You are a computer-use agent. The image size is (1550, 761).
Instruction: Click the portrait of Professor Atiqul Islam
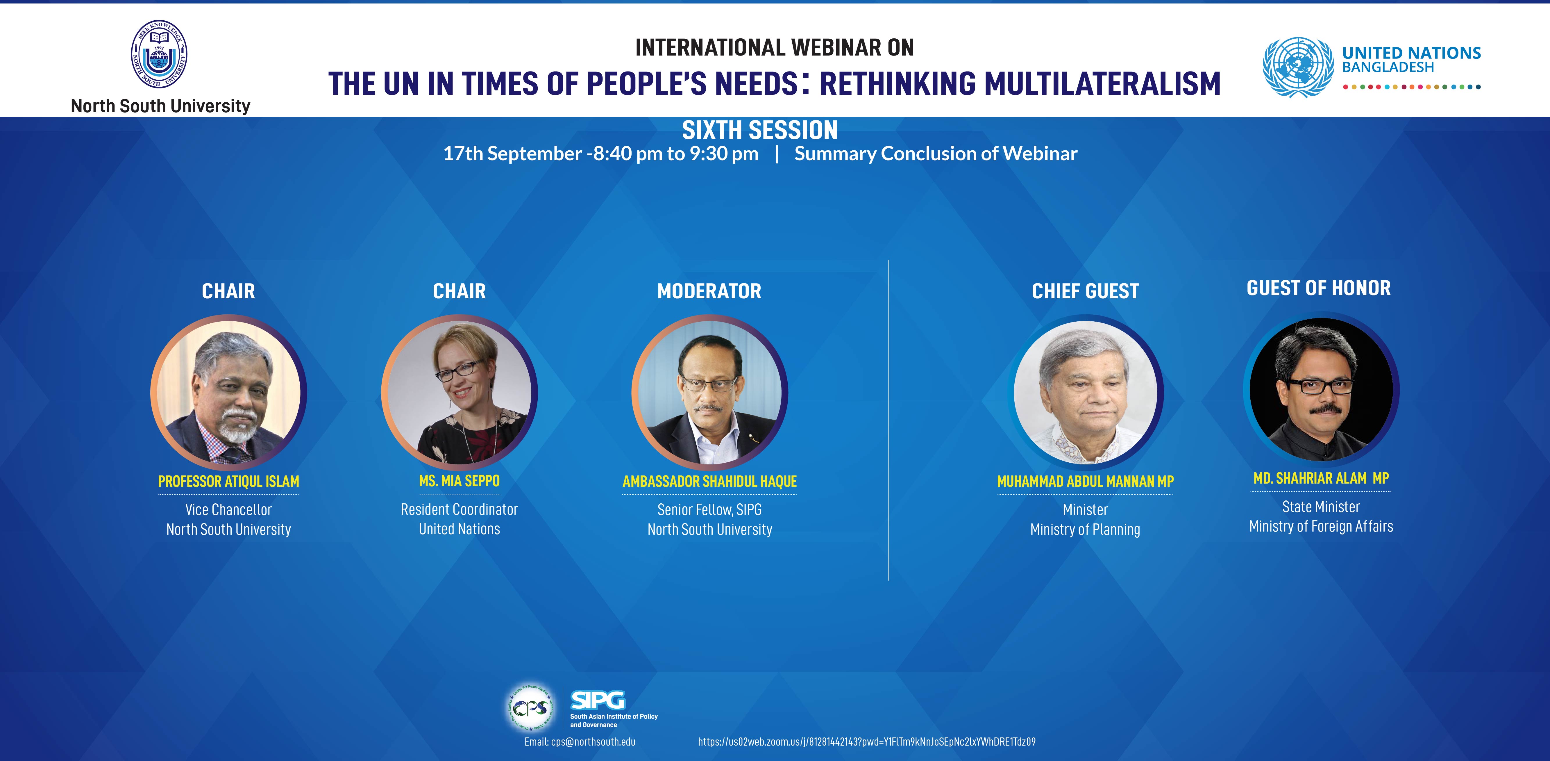(x=229, y=393)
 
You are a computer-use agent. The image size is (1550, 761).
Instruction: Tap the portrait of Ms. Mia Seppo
(x=459, y=393)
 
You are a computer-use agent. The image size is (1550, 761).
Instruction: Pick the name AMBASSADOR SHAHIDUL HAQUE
(x=709, y=482)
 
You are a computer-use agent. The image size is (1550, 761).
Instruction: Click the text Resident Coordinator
(x=459, y=509)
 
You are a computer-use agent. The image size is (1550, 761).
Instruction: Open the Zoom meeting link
(x=866, y=742)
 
